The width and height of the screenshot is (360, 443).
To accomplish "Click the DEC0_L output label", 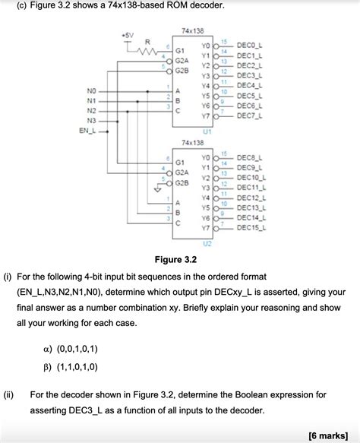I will click(250, 45).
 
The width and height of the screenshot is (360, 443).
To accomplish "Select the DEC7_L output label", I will click(250, 116).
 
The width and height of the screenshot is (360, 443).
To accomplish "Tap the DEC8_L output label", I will click(250, 157).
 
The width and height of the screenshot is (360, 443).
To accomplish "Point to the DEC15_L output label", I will click(251, 227).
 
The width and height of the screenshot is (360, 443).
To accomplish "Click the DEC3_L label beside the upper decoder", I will click(250, 75).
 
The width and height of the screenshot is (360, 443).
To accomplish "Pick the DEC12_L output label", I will click(251, 197).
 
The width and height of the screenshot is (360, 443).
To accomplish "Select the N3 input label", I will click(92, 120).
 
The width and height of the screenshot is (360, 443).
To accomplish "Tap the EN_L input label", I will click(89, 131).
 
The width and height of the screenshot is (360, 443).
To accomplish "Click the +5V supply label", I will click(127, 35).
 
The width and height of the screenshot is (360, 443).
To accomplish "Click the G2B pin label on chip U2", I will click(182, 183).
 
